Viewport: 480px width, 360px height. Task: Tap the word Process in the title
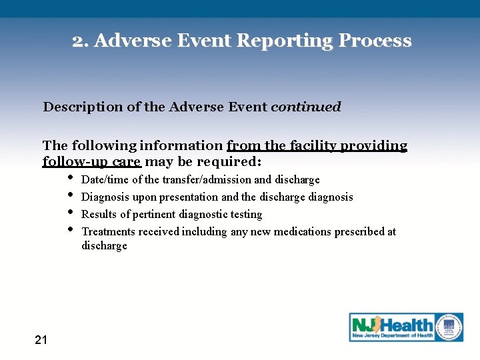pyautogui.click(x=375, y=41)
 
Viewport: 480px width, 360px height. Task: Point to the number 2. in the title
pyautogui.click(x=81, y=41)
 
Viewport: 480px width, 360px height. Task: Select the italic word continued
pyautogui.click(x=306, y=107)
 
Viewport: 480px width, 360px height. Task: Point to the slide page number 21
pyautogui.click(x=41, y=341)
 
